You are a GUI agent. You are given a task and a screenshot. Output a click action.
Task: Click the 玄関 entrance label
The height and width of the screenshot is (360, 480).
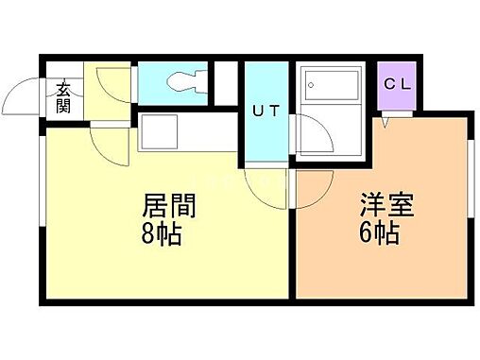(63, 96)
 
